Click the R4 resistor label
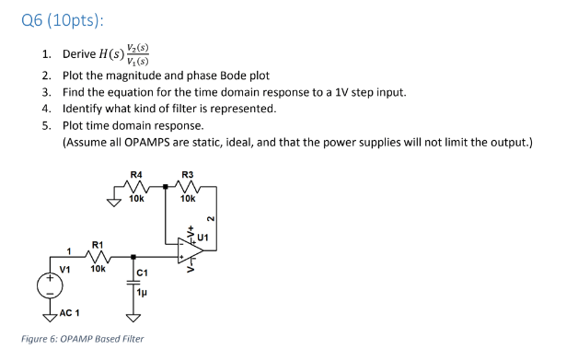(x=136, y=174)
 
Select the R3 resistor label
(x=188, y=174)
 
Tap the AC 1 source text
(x=68, y=314)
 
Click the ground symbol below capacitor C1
(x=133, y=318)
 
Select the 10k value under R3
(x=188, y=198)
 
